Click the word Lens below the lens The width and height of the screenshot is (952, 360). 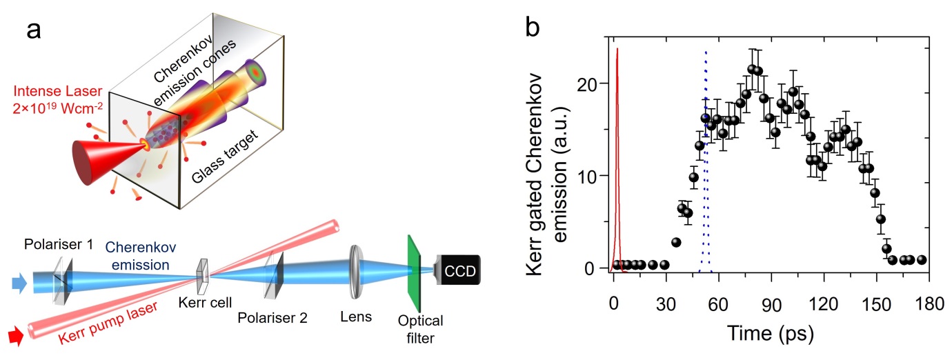click(x=357, y=317)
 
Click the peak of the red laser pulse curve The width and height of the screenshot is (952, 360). click(x=617, y=50)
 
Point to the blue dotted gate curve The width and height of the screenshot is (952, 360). click(x=705, y=138)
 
